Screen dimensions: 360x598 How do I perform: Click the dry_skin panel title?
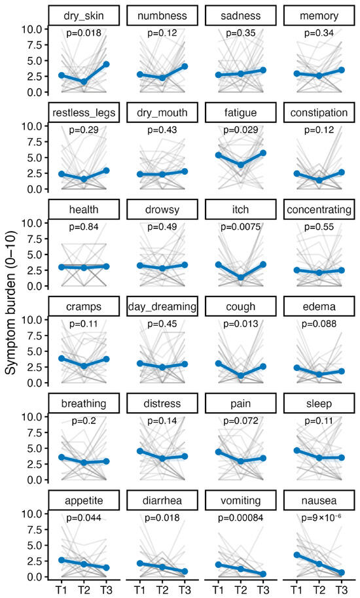click(84, 16)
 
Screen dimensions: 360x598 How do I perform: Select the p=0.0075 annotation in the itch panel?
click(241, 227)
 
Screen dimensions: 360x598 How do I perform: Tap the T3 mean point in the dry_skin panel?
click(106, 64)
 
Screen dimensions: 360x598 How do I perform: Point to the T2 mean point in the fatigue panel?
click(241, 165)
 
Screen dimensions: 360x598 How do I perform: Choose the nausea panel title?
click(319, 501)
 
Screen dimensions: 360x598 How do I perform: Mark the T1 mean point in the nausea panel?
click(297, 555)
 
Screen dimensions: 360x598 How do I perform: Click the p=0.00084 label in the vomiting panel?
click(241, 518)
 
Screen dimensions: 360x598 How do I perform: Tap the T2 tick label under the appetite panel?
click(84, 589)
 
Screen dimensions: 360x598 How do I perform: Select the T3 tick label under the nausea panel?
click(342, 589)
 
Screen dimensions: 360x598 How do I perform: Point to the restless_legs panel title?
click(84, 113)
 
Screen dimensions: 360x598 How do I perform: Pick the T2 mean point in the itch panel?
click(241, 277)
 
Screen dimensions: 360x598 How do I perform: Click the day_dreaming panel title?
click(162, 307)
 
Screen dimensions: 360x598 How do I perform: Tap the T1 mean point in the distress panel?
click(140, 451)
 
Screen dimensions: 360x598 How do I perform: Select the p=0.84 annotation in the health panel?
click(84, 227)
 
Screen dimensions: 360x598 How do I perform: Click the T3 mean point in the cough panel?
click(263, 366)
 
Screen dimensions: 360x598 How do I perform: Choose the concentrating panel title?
click(319, 210)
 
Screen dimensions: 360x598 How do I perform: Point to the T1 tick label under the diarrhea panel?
click(140, 589)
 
